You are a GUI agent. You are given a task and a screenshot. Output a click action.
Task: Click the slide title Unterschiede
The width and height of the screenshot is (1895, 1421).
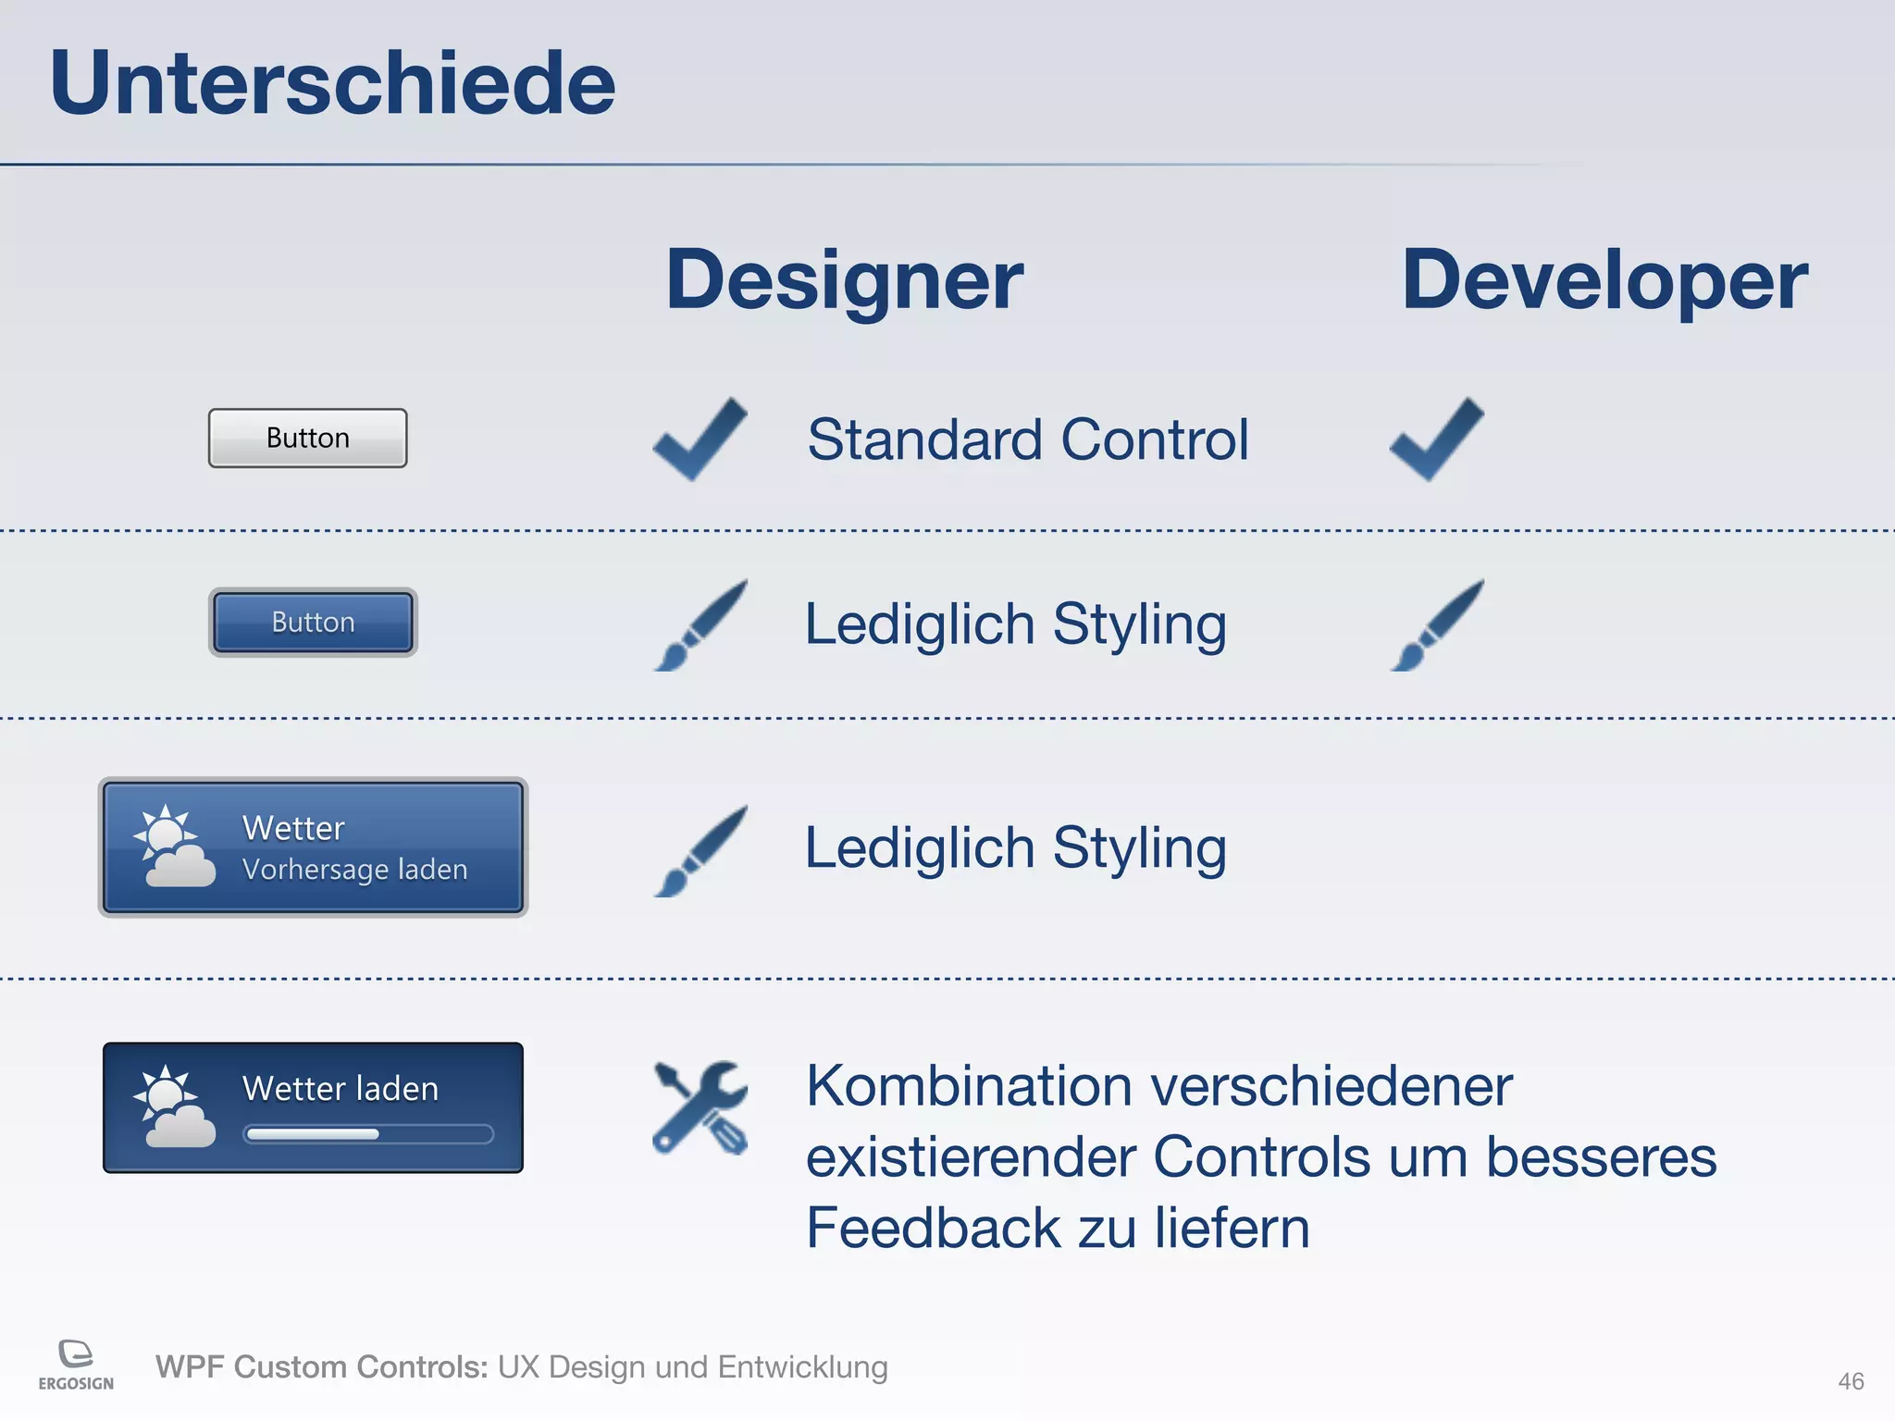(332, 83)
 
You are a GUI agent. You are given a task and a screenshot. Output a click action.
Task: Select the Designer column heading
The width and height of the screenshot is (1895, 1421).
(844, 279)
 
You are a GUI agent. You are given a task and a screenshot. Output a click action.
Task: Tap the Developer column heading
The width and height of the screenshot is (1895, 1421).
(1604, 279)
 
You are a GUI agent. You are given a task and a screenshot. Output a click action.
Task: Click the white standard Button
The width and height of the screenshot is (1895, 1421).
(307, 438)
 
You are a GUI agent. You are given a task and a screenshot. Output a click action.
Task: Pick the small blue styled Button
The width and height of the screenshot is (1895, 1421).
(313, 622)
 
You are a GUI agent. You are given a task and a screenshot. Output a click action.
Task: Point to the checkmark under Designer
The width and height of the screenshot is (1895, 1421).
(700, 439)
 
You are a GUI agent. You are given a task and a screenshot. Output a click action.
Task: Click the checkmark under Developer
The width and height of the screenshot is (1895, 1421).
(1436, 439)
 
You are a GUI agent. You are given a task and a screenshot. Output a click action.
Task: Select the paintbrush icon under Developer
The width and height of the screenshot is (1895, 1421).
(1436, 625)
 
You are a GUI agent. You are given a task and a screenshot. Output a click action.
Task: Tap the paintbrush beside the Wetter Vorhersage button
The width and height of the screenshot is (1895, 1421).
(700, 850)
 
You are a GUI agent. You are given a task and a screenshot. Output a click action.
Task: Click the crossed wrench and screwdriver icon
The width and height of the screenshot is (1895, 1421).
(700, 1107)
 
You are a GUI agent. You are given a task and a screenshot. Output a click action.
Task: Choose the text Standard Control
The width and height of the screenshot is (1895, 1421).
(1027, 439)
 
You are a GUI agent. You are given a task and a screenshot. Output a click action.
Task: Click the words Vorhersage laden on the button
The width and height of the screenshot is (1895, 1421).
(354, 870)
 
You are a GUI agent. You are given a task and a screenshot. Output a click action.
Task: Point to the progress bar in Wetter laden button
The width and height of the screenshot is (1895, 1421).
(367, 1134)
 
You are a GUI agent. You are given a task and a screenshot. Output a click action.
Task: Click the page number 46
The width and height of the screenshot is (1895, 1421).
(1851, 1381)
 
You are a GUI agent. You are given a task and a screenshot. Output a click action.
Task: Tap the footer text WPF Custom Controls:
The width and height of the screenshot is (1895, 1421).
(321, 1366)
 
